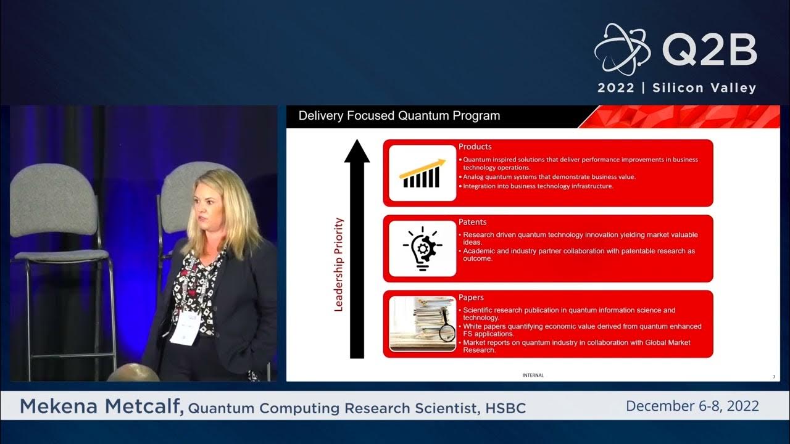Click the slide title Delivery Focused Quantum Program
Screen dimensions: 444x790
tap(399, 116)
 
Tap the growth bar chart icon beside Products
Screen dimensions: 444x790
tap(422, 173)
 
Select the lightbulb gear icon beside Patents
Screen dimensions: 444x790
tap(422, 249)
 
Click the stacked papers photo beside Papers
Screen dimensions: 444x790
tap(422, 324)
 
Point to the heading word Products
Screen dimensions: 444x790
tap(475, 147)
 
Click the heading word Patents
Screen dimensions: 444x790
tap(472, 222)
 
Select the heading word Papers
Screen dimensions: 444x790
tap(471, 297)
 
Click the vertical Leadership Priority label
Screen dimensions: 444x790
tap(338, 264)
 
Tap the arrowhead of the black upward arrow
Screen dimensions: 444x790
tap(357, 152)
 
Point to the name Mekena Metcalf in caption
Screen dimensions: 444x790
tap(102, 406)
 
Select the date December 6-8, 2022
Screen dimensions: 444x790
tap(692, 406)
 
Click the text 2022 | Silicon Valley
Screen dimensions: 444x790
tap(676, 88)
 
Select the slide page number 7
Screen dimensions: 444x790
tap(774, 377)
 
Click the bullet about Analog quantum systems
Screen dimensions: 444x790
tap(549, 177)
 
